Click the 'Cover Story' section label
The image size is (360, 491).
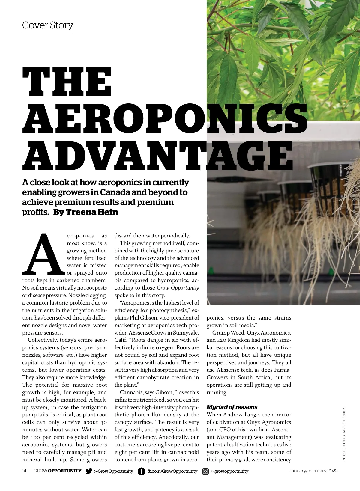[x=48, y=25]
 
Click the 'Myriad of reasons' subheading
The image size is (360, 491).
[x=232, y=407]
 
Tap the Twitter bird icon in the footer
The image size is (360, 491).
[x=89, y=471]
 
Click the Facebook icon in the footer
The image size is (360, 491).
[x=141, y=471]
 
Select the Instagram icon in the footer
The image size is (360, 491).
[x=205, y=471]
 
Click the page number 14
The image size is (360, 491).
[x=24, y=471]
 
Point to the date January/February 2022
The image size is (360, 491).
[x=313, y=471]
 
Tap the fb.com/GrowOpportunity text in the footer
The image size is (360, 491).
[x=172, y=471]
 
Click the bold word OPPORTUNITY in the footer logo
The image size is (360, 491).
[x=65, y=471]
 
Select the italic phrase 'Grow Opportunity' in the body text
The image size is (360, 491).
[x=178, y=288]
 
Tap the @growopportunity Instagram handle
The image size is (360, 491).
[x=229, y=471]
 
